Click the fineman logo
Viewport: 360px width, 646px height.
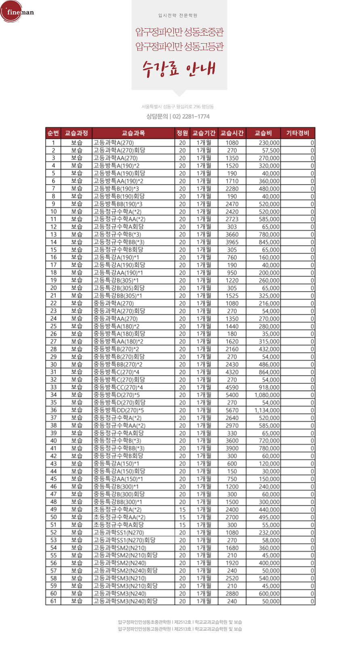18,12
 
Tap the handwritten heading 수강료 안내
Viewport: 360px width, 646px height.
179,69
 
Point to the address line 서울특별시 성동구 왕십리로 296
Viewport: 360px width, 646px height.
177,107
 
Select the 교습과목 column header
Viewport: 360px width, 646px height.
133,133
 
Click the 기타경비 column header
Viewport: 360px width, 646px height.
297,133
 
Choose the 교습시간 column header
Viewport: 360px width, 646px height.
232,133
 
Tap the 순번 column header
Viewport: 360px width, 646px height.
53,133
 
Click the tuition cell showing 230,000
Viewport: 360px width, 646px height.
269,143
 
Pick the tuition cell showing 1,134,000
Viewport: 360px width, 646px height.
267,410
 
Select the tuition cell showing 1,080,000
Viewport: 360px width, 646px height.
267,395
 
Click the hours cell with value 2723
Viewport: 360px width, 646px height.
232,219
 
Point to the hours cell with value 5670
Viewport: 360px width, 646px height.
232,410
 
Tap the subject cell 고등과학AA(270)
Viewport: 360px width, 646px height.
116,158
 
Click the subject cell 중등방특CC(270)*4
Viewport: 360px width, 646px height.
118,387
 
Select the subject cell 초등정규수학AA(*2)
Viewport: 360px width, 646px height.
119,517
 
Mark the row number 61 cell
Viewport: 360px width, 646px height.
53,601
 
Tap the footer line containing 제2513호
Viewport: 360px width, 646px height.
180,629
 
